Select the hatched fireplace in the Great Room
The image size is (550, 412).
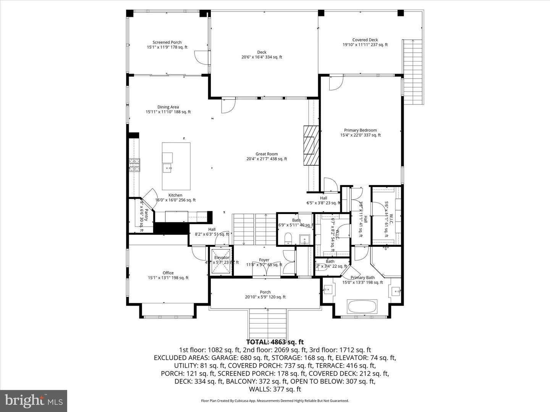[x=311, y=145]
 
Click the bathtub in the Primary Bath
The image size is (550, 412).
[x=362, y=307]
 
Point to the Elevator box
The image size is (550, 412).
[x=222, y=261]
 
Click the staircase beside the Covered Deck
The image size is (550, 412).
[x=413, y=72]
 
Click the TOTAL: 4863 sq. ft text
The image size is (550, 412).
[x=275, y=342]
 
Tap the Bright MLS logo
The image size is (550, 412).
[x=34, y=401]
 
